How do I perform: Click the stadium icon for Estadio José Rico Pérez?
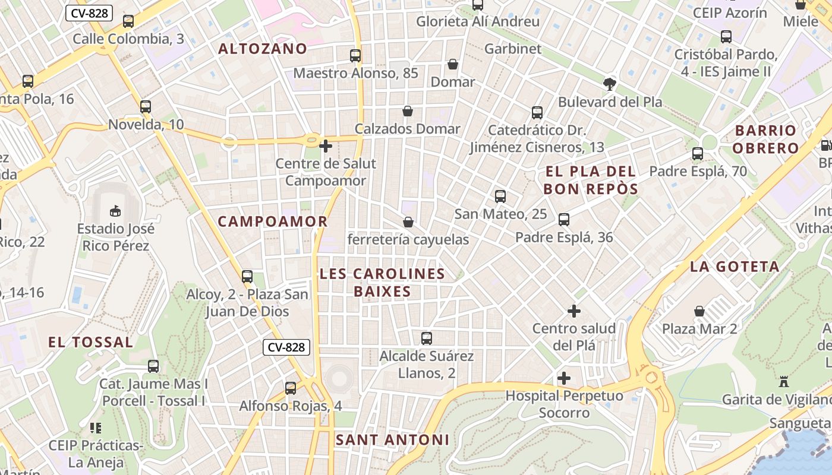pos(115,211)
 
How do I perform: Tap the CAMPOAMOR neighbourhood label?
pos(273,221)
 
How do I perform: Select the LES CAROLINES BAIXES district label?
pos(382,283)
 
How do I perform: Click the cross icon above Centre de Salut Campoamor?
pos(326,145)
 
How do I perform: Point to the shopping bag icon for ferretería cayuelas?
pos(408,222)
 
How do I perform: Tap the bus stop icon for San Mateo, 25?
pos(500,197)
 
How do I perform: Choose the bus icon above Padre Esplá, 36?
pos(564,220)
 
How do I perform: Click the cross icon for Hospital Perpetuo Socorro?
pos(564,378)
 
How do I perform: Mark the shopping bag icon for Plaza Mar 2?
pos(700,311)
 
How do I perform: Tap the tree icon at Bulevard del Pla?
pos(609,84)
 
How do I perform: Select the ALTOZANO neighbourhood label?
pos(263,49)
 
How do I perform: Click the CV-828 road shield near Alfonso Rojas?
pos(286,347)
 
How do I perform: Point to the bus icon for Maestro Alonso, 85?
pos(355,56)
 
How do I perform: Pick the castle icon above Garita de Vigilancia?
pos(784,382)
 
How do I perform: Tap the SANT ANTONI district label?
pos(392,440)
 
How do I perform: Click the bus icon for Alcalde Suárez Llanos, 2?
pos(427,338)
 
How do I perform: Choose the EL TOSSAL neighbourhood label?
pos(90,342)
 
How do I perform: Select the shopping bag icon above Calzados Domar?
pos(408,111)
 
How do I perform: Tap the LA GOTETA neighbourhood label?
pos(735,267)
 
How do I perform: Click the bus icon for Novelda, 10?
pos(146,107)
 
